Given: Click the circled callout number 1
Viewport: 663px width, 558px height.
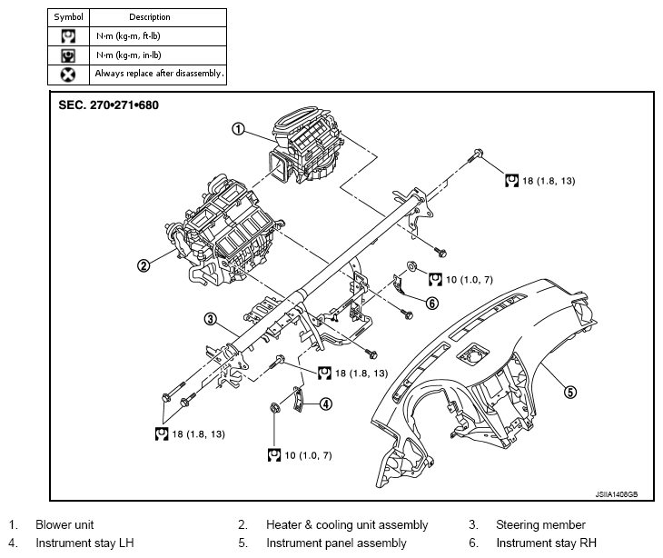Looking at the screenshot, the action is [x=239, y=129].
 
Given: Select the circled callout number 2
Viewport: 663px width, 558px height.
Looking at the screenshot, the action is [x=143, y=265].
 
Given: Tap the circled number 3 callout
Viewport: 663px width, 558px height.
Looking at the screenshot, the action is [x=210, y=319].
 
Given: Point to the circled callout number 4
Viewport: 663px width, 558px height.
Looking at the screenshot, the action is [x=325, y=404].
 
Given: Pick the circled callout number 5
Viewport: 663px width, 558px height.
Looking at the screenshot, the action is [x=570, y=393].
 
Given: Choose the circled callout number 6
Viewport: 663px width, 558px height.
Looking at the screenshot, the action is [x=432, y=303].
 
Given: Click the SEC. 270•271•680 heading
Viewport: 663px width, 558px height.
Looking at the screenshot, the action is [x=109, y=105].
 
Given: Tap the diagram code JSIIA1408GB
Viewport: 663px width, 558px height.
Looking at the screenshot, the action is [x=617, y=494].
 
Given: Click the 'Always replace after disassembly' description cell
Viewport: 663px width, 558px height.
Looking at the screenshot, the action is [x=159, y=74].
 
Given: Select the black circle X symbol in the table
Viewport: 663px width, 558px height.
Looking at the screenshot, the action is [x=68, y=75].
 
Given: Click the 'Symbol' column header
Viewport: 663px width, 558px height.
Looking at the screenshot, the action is [x=68, y=17].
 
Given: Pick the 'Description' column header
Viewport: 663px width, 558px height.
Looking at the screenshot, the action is [x=150, y=17].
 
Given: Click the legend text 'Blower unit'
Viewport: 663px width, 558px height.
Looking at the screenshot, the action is [x=64, y=524].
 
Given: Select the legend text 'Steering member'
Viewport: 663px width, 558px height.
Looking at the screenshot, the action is [x=540, y=524].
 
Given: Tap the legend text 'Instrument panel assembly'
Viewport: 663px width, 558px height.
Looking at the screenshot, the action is [x=337, y=543].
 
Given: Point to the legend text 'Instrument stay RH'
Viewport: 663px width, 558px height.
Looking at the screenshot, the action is [x=547, y=543].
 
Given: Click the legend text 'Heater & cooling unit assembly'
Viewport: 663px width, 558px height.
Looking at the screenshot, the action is [x=347, y=525].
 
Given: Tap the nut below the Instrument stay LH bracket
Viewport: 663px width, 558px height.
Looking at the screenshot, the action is [x=274, y=408].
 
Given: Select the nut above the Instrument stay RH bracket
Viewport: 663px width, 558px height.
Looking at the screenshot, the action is [x=411, y=266].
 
